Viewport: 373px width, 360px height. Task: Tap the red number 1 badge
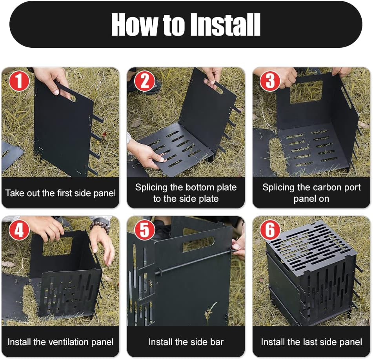(x=19, y=81)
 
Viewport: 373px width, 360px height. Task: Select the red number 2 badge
(x=145, y=81)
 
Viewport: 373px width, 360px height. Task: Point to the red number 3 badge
(x=270, y=81)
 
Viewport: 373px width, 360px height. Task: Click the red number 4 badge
(x=19, y=230)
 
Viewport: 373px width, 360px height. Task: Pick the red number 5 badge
(x=145, y=230)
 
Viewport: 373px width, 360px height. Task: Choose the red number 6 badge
(x=270, y=230)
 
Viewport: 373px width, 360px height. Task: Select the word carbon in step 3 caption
(x=312, y=187)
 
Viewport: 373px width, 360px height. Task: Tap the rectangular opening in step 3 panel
(x=306, y=92)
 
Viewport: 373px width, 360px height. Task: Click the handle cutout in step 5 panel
(x=198, y=244)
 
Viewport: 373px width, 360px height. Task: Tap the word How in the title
(x=135, y=24)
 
